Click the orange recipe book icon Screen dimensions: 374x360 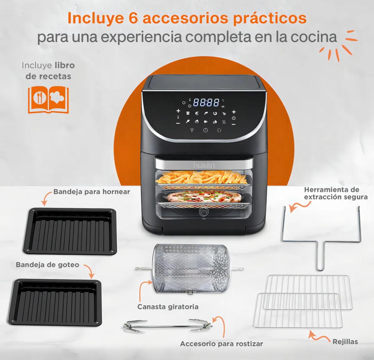click(48, 100)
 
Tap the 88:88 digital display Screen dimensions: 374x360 click(206, 102)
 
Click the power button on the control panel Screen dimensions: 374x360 click(205, 130)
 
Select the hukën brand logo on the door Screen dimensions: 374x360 click(204, 166)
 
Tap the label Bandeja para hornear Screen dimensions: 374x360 click(92, 191)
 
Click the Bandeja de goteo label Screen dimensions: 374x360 click(48, 265)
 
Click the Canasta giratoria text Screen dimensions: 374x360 click(168, 307)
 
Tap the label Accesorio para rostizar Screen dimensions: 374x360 click(221, 344)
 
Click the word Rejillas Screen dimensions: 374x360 click(345, 342)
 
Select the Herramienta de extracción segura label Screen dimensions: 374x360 click(336, 193)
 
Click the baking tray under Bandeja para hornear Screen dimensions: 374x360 click(70, 231)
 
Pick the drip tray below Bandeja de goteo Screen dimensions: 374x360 click(55, 302)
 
